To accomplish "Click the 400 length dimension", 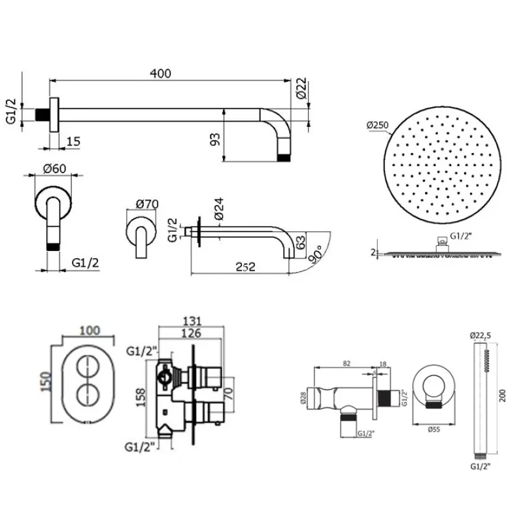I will click(160, 74).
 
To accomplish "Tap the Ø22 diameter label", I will click(301, 88).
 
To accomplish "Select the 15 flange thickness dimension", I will click(73, 141).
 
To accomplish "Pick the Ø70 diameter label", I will click(148, 203).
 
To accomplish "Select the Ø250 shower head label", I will click(379, 125).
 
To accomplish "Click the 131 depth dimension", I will click(191, 321).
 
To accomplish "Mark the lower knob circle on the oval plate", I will click(86, 394).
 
